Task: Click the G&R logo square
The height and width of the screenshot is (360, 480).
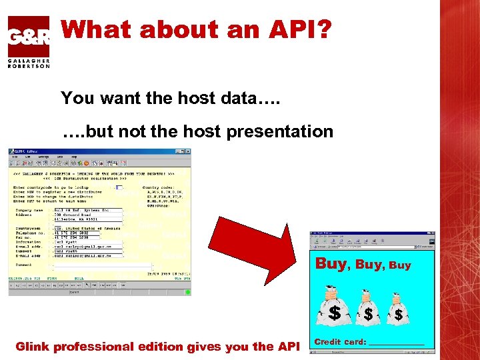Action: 28,36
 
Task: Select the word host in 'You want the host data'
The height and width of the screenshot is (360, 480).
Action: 201,98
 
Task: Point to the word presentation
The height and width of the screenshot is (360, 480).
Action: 279,131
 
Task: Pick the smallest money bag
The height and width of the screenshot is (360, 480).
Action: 398,308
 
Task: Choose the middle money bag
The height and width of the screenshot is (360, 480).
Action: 367,307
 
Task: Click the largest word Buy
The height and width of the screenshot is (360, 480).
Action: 331,263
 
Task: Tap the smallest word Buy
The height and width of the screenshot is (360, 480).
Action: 400,265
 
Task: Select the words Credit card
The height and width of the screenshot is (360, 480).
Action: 339,342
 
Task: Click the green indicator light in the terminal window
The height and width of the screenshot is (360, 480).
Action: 188,291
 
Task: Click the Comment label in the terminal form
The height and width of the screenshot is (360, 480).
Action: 24,265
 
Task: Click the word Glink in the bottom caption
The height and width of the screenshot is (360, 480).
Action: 31,347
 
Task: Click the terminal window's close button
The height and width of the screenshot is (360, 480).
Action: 189,151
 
